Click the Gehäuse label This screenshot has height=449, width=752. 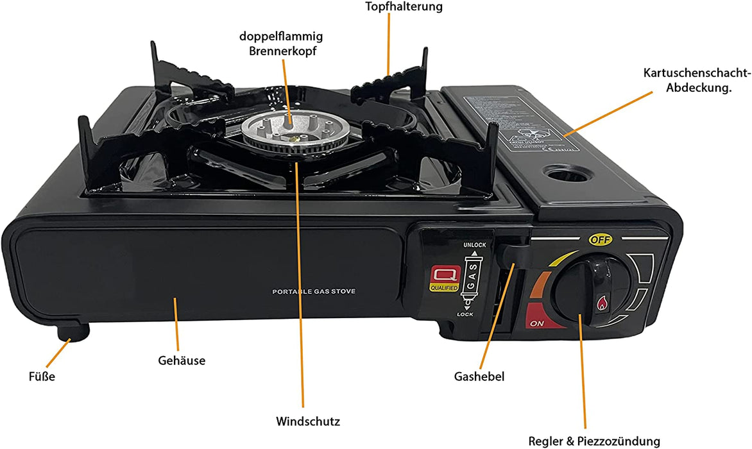click(x=182, y=360)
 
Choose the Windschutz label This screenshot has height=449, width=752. click(x=308, y=421)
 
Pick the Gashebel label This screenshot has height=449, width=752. click(x=479, y=377)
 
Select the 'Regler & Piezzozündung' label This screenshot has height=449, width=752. click(x=594, y=441)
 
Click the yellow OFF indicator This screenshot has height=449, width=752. click(x=601, y=240)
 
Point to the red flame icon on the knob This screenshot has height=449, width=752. click(x=602, y=302)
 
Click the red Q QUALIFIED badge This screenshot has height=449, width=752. click(x=443, y=280)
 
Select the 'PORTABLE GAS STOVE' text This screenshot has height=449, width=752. click(x=314, y=292)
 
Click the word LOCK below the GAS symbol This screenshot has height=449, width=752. click(x=465, y=314)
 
